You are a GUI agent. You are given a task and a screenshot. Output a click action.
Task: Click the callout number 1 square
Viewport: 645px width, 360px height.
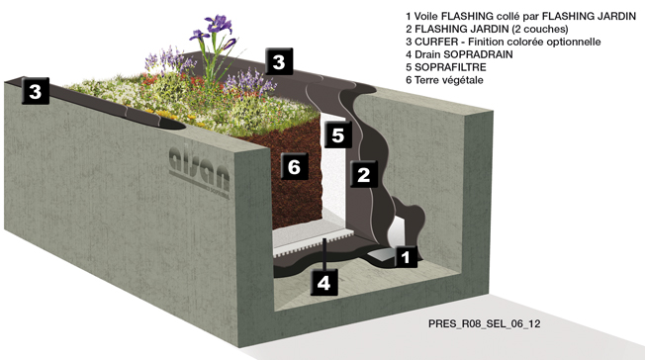coord(406,257)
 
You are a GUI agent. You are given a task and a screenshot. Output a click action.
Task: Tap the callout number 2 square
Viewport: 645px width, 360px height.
coord(364,174)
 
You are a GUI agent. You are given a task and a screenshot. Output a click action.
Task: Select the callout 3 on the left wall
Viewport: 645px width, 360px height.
coord(36,91)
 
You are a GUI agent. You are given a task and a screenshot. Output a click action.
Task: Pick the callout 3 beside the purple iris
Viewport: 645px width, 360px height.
coord(279,61)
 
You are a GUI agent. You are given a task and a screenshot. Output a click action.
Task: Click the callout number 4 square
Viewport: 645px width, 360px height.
coord(324,283)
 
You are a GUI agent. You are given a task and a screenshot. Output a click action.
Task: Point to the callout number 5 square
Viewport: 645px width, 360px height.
coord(337,135)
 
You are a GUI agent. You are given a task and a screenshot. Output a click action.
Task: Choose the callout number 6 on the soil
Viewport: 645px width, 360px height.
coord(294,166)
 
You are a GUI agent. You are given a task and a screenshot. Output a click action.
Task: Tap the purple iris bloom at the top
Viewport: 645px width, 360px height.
coord(218,24)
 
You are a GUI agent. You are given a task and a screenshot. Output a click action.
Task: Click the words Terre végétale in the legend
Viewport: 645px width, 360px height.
coord(448,80)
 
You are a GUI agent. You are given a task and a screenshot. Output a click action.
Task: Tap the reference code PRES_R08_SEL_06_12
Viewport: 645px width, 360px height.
coord(484,323)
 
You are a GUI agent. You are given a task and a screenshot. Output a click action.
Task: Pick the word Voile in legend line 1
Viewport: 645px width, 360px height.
coord(425,16)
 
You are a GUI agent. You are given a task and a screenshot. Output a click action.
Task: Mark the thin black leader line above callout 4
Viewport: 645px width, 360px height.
coord(324,253)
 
